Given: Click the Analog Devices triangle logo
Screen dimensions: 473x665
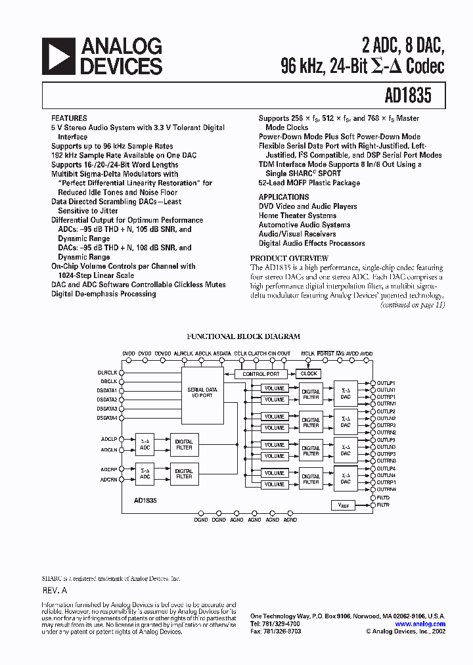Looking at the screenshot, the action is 58,56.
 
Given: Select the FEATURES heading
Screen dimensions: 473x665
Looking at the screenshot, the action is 69,118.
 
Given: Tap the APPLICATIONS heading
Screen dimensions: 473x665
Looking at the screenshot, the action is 284,197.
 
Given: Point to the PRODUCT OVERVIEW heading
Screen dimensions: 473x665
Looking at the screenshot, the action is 289,259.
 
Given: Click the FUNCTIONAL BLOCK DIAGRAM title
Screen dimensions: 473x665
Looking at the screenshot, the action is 243,336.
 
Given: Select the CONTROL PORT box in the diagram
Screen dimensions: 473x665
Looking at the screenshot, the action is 261,374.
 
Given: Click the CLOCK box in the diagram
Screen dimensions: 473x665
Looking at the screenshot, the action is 309,373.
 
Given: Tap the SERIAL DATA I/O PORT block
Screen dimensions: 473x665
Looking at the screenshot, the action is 202,392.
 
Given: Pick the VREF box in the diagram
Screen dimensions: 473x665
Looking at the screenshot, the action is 343,505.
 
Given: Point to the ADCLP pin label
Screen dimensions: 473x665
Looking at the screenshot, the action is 109,438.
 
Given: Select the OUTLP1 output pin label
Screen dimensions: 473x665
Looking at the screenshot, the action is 386,382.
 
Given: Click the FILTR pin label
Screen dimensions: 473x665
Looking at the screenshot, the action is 383,505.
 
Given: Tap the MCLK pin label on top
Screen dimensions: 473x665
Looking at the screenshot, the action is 307,354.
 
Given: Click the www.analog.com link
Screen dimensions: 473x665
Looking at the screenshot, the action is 420,624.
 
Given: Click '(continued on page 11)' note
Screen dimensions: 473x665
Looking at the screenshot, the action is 413,305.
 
